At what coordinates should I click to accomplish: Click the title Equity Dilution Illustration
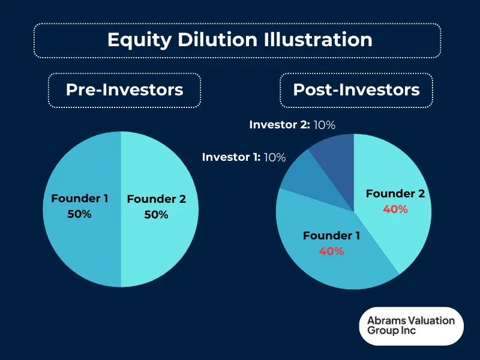click(239, 40)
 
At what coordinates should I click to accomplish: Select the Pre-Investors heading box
click(124, 90)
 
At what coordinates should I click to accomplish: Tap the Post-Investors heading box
click(356, 90)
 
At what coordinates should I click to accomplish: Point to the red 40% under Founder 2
click(395, 209)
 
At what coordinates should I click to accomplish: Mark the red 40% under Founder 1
click(331, 251)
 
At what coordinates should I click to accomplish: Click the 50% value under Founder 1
click(79, 214)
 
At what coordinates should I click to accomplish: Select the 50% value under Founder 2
click(156, 215)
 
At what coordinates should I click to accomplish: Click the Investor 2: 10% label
click(292, 125)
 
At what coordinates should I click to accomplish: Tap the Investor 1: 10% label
click(244, 157)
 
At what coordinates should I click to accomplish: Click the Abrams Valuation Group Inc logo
click(412, 326)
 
